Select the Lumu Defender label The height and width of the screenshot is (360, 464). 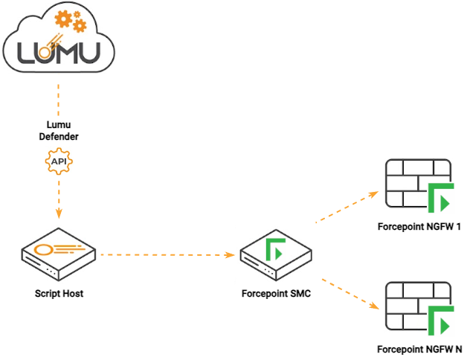tap(58, 131)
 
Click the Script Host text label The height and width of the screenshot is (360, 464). tap(59, 294)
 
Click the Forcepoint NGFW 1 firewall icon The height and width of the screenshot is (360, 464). tap(419, 184)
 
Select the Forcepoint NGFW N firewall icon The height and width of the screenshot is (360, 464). tap(419, 306)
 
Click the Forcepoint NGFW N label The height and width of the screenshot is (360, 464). tap(419, 349)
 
